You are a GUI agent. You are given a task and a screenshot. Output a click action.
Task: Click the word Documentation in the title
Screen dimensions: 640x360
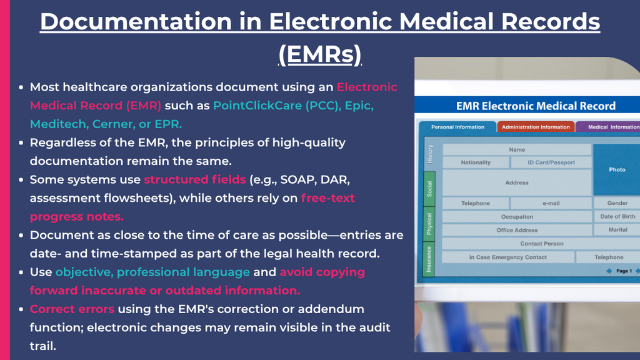click(x=136, y=22)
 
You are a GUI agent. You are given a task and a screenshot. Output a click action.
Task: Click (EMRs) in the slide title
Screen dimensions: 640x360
click(x=320, y=54)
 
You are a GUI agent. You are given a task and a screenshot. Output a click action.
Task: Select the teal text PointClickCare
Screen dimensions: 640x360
click(x=257, y=105)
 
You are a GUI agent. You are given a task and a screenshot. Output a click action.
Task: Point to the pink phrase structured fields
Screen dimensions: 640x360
click(x=195, y=179)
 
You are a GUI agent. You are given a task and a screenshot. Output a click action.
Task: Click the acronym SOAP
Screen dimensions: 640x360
click(x=296, y=179)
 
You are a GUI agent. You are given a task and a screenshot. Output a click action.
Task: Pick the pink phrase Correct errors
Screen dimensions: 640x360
click(x=72, y=309)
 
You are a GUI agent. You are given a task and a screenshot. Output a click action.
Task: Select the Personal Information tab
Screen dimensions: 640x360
click(x=457, y=127)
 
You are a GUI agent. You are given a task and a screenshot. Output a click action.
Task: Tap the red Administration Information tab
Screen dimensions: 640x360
click(x=536, y=127)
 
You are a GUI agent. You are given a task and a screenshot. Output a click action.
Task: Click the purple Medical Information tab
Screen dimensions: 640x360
click(x=608, y=127)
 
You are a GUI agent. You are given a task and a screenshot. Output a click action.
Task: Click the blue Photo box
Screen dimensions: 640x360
click(x=616, y=169)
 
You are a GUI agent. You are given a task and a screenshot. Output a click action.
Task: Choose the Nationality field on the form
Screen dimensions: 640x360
click(x=476, y=162)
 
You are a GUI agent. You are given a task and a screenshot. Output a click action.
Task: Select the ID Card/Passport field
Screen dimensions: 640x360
click(x=551, y=162)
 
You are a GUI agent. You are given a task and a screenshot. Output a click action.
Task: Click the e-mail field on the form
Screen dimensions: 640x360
click(x=551, y=203)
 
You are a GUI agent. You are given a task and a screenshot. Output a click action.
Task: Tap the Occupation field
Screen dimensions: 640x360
click(x=517, y=217)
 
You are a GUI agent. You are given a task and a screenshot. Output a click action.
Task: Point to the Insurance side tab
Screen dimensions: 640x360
click(x=429, y=259)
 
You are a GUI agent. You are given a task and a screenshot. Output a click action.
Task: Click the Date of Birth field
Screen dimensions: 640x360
click(x=617, y=216)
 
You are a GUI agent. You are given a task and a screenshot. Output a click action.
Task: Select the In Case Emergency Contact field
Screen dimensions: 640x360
click(x=508, y=257)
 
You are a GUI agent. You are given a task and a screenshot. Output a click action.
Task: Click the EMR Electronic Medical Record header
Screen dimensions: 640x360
click(x=536, y=106)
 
